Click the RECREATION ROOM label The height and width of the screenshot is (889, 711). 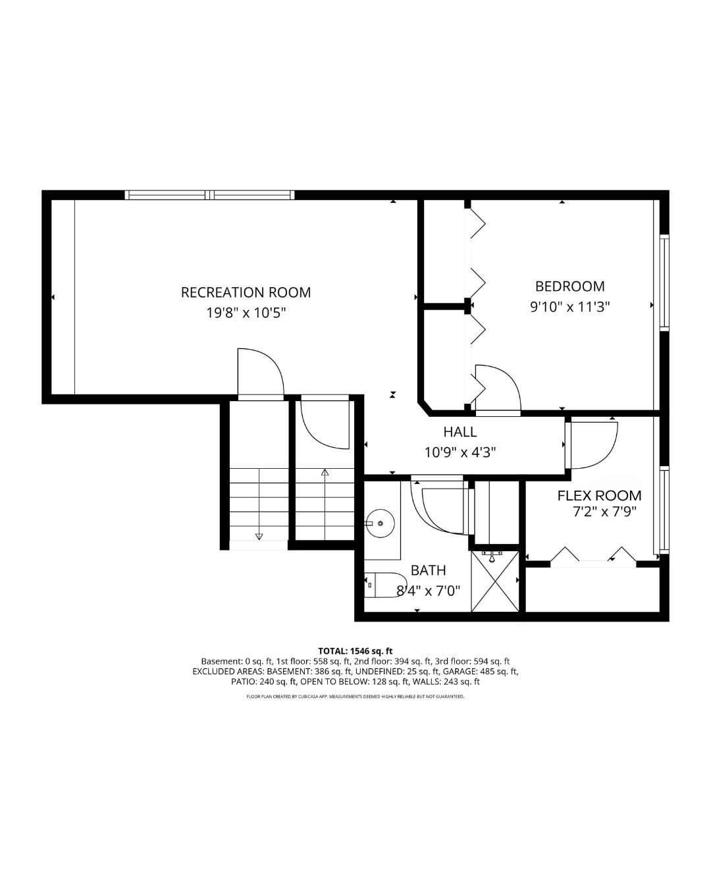point(246,292)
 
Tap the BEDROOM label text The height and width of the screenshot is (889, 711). point(569,286)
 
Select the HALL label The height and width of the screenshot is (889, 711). point(460,432)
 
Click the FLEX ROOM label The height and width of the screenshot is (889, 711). point(599,496)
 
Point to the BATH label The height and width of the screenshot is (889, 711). point(428,570)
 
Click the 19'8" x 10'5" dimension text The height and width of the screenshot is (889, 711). point(246,313)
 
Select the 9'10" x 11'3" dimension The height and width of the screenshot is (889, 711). point(569,308)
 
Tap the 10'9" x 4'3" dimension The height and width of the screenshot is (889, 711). point(460,453)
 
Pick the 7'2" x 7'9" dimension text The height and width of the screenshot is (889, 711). point(604,512)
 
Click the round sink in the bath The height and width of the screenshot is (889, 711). point(380,524)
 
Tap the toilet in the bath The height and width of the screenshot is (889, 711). point(385,585)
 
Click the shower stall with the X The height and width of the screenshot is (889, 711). point(495,581)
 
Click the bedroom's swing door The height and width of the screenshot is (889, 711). point(498,389)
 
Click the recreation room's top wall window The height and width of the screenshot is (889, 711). point(210,195)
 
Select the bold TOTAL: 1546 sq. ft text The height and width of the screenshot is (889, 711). point(355,651)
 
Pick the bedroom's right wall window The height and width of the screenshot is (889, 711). point(664,283)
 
